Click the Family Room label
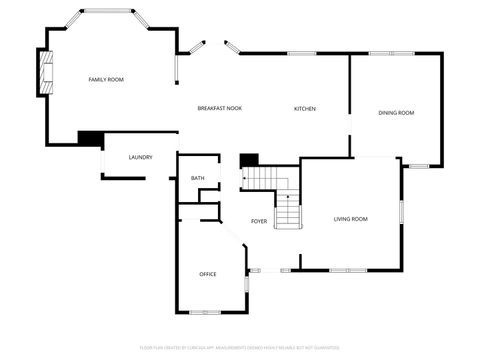105,80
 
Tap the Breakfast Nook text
219,108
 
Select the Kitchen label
305,108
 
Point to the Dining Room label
396,113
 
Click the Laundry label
140,157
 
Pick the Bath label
198,178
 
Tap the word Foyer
259,221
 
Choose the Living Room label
350,218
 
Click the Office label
208,274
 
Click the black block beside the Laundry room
90,138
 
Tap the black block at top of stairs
249,159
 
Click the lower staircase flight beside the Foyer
288,211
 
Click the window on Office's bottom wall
205,312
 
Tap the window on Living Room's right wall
401,213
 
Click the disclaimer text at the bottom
240,347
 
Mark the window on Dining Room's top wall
383,53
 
